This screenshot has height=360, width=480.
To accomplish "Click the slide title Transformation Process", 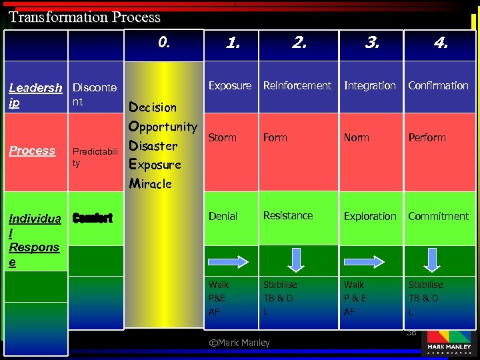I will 85,17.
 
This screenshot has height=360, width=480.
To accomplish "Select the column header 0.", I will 165,43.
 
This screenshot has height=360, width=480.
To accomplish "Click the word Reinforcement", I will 297,85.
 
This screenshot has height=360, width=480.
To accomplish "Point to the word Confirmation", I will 438,85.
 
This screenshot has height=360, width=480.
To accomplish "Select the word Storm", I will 222,137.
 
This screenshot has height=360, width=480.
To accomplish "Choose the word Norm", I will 356,137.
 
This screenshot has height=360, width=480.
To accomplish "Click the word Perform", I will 427,137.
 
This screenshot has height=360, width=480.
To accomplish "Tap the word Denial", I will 223,216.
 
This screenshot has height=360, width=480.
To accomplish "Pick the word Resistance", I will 287,215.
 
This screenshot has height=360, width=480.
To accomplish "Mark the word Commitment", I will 438,216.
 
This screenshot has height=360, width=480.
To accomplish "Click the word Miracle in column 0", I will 150,183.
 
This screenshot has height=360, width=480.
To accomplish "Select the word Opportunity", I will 163,127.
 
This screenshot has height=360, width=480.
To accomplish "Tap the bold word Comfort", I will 92,218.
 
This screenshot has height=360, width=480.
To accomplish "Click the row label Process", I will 32,151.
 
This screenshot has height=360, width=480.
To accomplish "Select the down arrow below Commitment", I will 433,259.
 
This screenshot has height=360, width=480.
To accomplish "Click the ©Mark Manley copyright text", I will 239,343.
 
